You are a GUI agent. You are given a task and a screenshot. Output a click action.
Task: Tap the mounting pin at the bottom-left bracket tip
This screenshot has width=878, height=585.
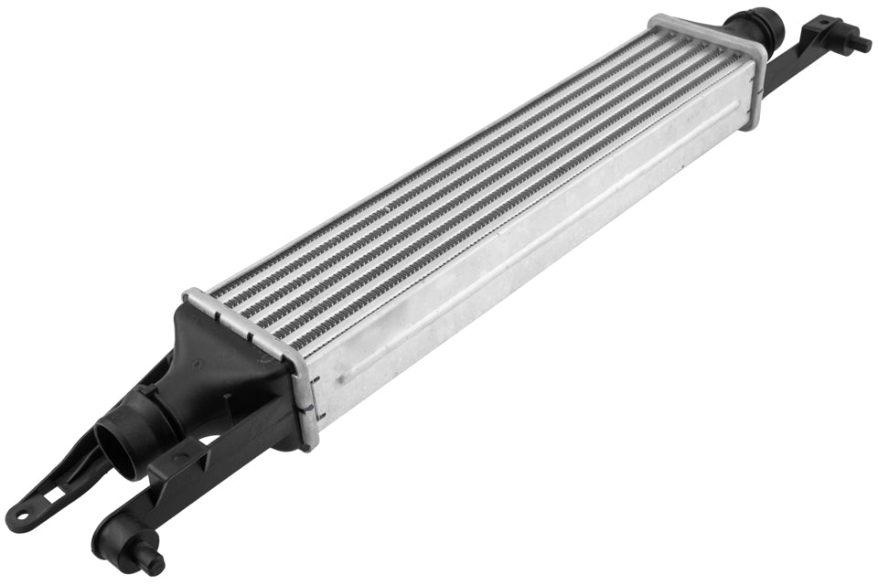151,558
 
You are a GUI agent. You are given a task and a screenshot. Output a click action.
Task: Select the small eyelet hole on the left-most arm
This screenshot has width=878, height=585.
19,518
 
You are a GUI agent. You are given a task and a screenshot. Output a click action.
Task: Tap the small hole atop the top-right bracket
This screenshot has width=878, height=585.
824,21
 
